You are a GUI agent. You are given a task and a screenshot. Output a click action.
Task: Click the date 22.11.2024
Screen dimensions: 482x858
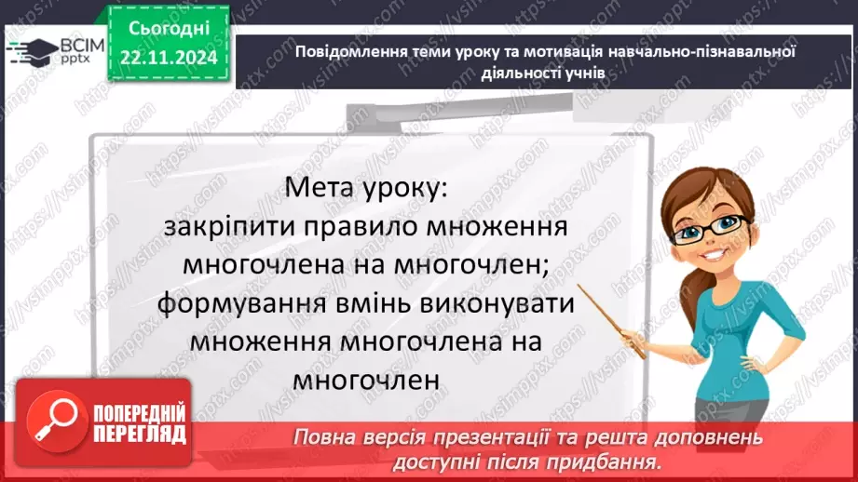tap(168, 58)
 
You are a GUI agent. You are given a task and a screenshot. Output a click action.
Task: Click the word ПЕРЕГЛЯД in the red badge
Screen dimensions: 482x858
tap(139, 434)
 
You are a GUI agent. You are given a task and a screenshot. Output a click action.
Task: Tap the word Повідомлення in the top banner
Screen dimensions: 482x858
tap(348, 53)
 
